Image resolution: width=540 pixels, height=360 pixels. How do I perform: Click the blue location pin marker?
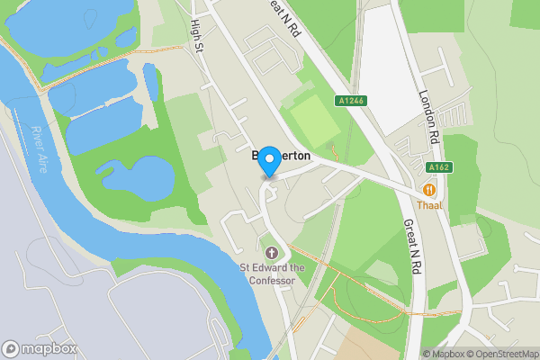(x=268, y=161)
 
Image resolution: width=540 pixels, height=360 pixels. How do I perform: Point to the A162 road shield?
(x=439, y=167)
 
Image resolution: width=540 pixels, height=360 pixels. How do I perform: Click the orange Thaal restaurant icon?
(x=430, y=189)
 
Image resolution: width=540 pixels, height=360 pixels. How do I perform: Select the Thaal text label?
(x=430, y=204)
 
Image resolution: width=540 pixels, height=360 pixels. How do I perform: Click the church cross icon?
(x=272, y=248)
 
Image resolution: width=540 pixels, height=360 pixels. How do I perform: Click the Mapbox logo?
(x=40, y=349)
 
